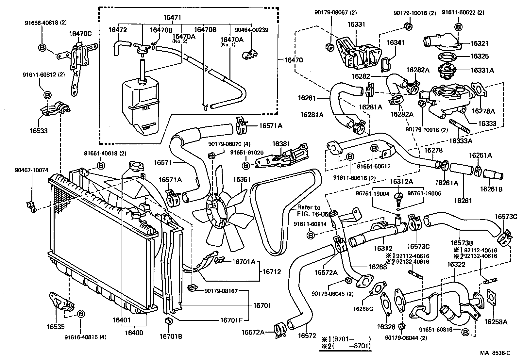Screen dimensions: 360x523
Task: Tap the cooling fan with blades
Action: pyautogui.click(x=222, y=209)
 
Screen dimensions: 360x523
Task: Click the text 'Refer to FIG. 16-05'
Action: pyautogui.click(x=309, y=211)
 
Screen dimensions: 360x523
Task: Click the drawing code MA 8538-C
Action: pyautogui.click(x=495, y=353)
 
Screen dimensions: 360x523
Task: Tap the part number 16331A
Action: pyautogui.click(x=482, y=70)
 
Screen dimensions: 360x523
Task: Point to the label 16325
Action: pyautogui.click(x=480, y=56)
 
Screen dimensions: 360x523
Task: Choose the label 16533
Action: pyautogui.click(x=38, y=131)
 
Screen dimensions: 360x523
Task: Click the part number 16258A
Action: pyautogui.click(x=496, y=322)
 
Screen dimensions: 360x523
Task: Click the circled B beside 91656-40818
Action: pyautogui.click(x=42, y=48)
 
